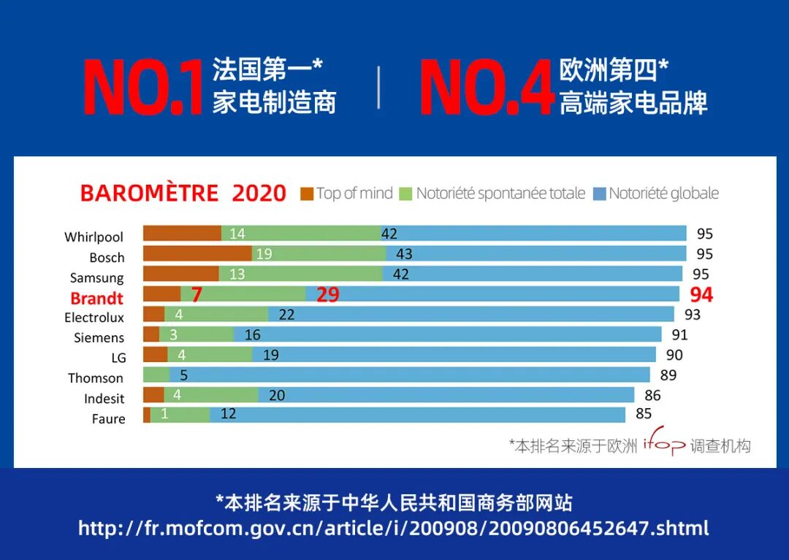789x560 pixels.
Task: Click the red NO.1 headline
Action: [x=142, y=88]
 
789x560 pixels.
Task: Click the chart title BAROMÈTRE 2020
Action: [x=183, y=193]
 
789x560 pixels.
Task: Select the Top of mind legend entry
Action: [x=346, y=193]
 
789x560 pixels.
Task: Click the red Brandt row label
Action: [x=96, y=298]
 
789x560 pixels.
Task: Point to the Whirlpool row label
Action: [x=94, y=237]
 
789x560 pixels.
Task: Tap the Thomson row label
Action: [x=96, y=378]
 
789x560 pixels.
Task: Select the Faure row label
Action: [x=108, y=419]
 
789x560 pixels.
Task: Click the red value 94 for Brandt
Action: [x=701, y=295]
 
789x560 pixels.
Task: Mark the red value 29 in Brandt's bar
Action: [x=328, y=295]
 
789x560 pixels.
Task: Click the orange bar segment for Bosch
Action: [x=197, y=254]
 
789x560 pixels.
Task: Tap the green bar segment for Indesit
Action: [x=212, y=395]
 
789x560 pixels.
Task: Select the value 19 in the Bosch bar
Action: [x=264, y=254]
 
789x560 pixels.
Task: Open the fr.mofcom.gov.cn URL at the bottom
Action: [x=394, y=529]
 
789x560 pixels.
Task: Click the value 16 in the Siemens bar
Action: [x=253, y=335]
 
